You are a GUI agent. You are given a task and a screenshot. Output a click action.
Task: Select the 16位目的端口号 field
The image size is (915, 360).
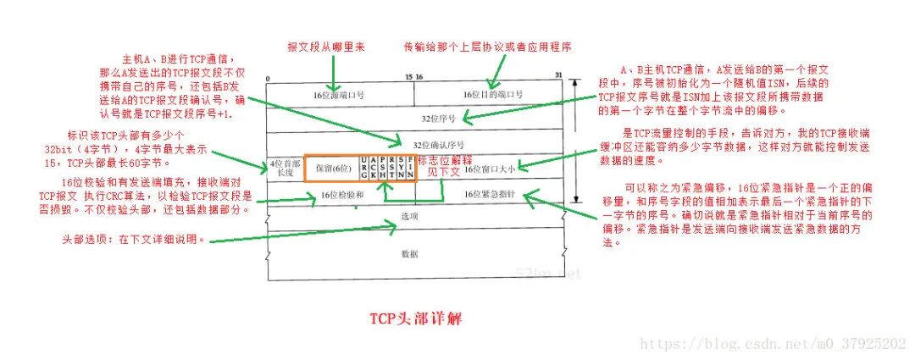pos(491,93)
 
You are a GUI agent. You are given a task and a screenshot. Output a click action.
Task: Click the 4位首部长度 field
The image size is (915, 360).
pos(285,168)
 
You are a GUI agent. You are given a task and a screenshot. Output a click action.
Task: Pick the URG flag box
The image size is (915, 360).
pos(364,168)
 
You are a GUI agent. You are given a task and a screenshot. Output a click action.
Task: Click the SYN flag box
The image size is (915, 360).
pos(401,168)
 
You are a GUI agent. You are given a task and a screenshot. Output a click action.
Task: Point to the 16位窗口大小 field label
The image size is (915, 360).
pos(490,168)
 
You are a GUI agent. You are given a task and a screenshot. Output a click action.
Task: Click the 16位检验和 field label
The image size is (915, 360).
pos(342,195)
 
